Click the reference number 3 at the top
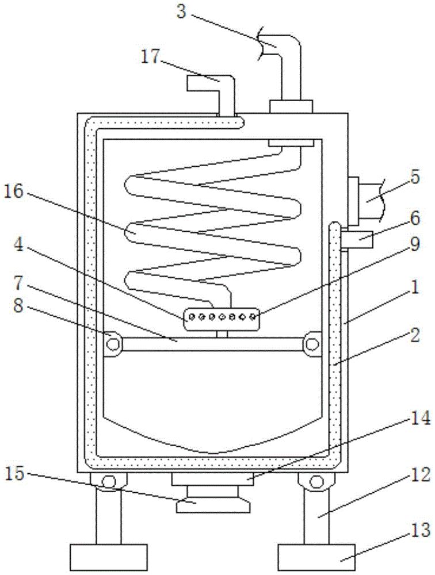point(181,11)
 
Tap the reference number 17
point(151,57)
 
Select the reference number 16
point(14,191)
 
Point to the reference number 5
point(414,177)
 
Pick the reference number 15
point(15,474)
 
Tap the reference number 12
point(420,476)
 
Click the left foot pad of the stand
point(108,557)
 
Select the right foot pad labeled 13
point(317,557)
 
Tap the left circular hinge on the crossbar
point(112,344)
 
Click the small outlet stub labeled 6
point(357,239)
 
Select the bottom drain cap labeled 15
point(213,500)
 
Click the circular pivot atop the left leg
point(109,481)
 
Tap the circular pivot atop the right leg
point(316,481)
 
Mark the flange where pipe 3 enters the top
point(291,106)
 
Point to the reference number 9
point(414,244)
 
